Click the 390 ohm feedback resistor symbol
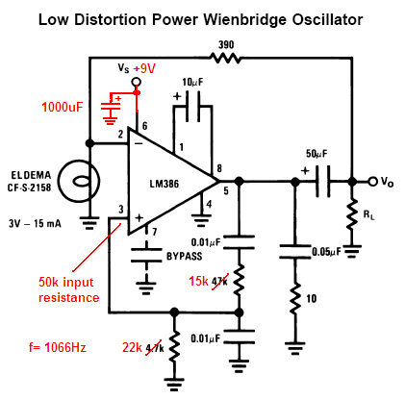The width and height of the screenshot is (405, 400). (x=225, y=59)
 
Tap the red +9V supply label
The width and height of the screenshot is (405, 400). (x=144, y=68)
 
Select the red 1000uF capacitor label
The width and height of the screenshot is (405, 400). (x=63, y=107)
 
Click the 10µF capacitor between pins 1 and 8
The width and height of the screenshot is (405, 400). (x=193, y=107)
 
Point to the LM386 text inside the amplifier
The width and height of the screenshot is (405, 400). (x=165, y=184)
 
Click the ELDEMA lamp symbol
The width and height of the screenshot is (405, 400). (x=79, y=181)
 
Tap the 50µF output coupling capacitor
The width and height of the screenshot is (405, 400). (x=323, y=182)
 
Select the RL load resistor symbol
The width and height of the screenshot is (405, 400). (x=352, y=213)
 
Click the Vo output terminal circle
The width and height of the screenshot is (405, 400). (x=372, y=182)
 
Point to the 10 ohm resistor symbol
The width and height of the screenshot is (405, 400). (x=295, y=298)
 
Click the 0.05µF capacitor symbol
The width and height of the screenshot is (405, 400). (x=295, y=252)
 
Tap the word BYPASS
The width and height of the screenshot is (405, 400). (x=185, y=257)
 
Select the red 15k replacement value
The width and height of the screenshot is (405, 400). (x=198, y=281)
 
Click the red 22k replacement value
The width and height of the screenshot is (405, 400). (x=132, y=347)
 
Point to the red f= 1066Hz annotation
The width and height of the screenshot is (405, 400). (x=58, y=347)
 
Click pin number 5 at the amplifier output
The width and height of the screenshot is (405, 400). (x=226, y=191)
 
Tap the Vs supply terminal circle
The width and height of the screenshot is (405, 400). (x=137, y=83)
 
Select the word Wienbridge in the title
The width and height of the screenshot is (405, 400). (x=245, y=20)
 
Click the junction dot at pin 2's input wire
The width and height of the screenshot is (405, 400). (x=89, y=143)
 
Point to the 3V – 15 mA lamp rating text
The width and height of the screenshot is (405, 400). (x=35, y=223)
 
